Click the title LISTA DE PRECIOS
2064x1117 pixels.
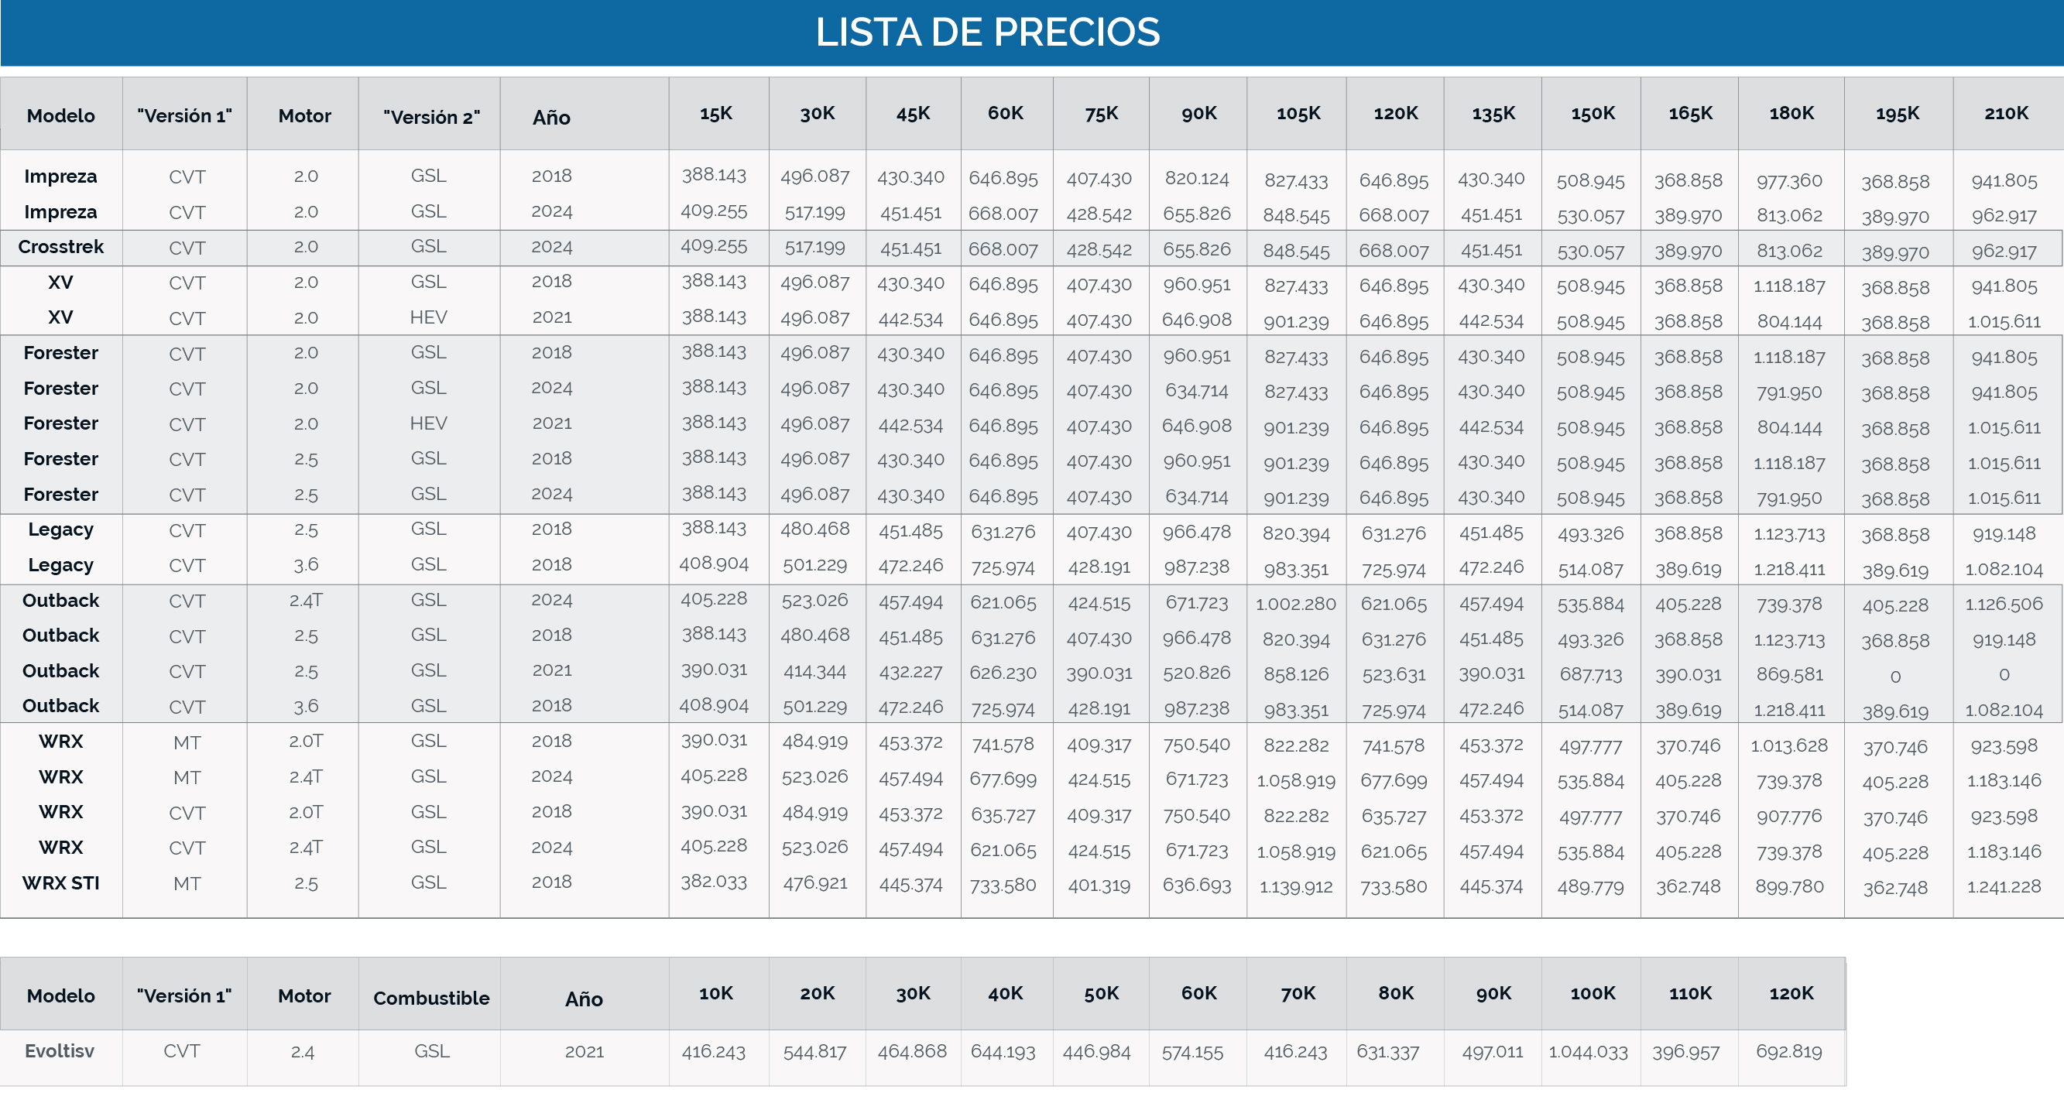[x=987, y=32]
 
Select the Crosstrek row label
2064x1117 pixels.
[x=61, y=247]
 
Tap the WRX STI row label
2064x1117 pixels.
[x=61, y=883]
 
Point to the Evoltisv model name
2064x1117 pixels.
[x=60, y=1051]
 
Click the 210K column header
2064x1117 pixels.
[x=2006, y=113]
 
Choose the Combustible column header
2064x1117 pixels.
[x=431, y=998]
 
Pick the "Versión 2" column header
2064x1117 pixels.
[x=431, y=117]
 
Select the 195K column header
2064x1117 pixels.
[x=1898, y=114]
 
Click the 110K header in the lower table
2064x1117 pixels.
[x=1690, y=994]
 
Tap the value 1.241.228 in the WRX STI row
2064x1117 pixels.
[x=2004, y=886]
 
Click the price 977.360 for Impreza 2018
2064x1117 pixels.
[x=1789, y=181]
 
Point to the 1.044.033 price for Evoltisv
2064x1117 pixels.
[x=1588, y=1052]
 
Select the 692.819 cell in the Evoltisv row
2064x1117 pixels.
[x=1789, y=1051]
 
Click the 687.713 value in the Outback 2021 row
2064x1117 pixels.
[x=1590, y=675]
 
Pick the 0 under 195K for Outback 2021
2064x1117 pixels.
[x=1895, y=677]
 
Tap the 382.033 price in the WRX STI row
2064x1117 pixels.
[x=714, y=882]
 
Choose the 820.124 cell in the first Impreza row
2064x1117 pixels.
[x=1197, y=179]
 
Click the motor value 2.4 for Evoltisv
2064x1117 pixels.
[x=303, y=1052]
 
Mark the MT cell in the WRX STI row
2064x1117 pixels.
[x=187, y=884]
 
